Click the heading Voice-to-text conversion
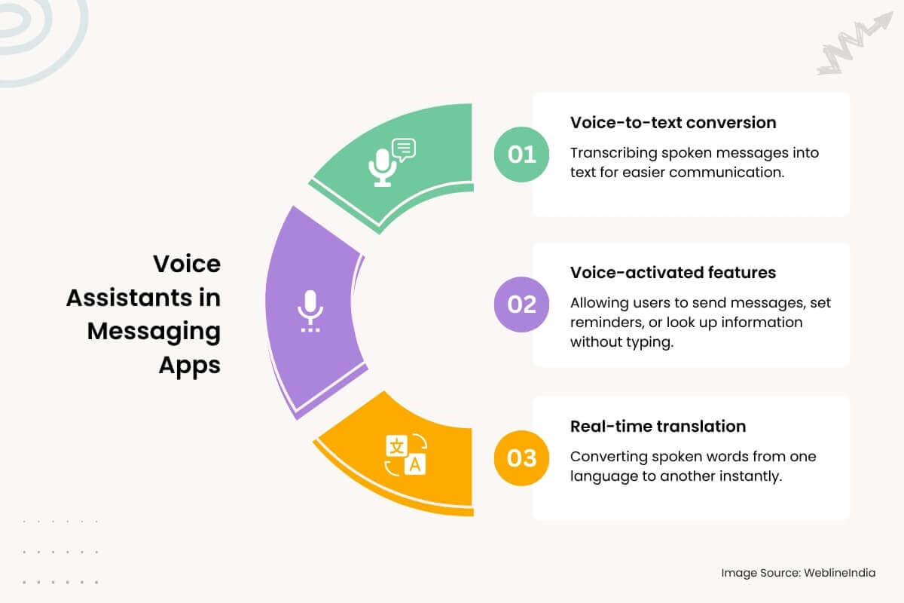[x=673, y=122]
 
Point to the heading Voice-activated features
[x=673, y=272]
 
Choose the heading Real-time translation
[x=658, y=426]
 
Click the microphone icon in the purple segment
[x=310, y=310]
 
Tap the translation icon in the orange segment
[x=405, y=455]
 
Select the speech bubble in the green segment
[x=405, y=150]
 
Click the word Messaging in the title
[x=154, y=331]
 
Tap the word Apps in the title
[x=189, y=365]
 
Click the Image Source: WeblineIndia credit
[x=799, y=573]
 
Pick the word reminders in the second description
[x=605, y=323]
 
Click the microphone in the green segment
[x=383, y=167]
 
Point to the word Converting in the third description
[x=604, y=457]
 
